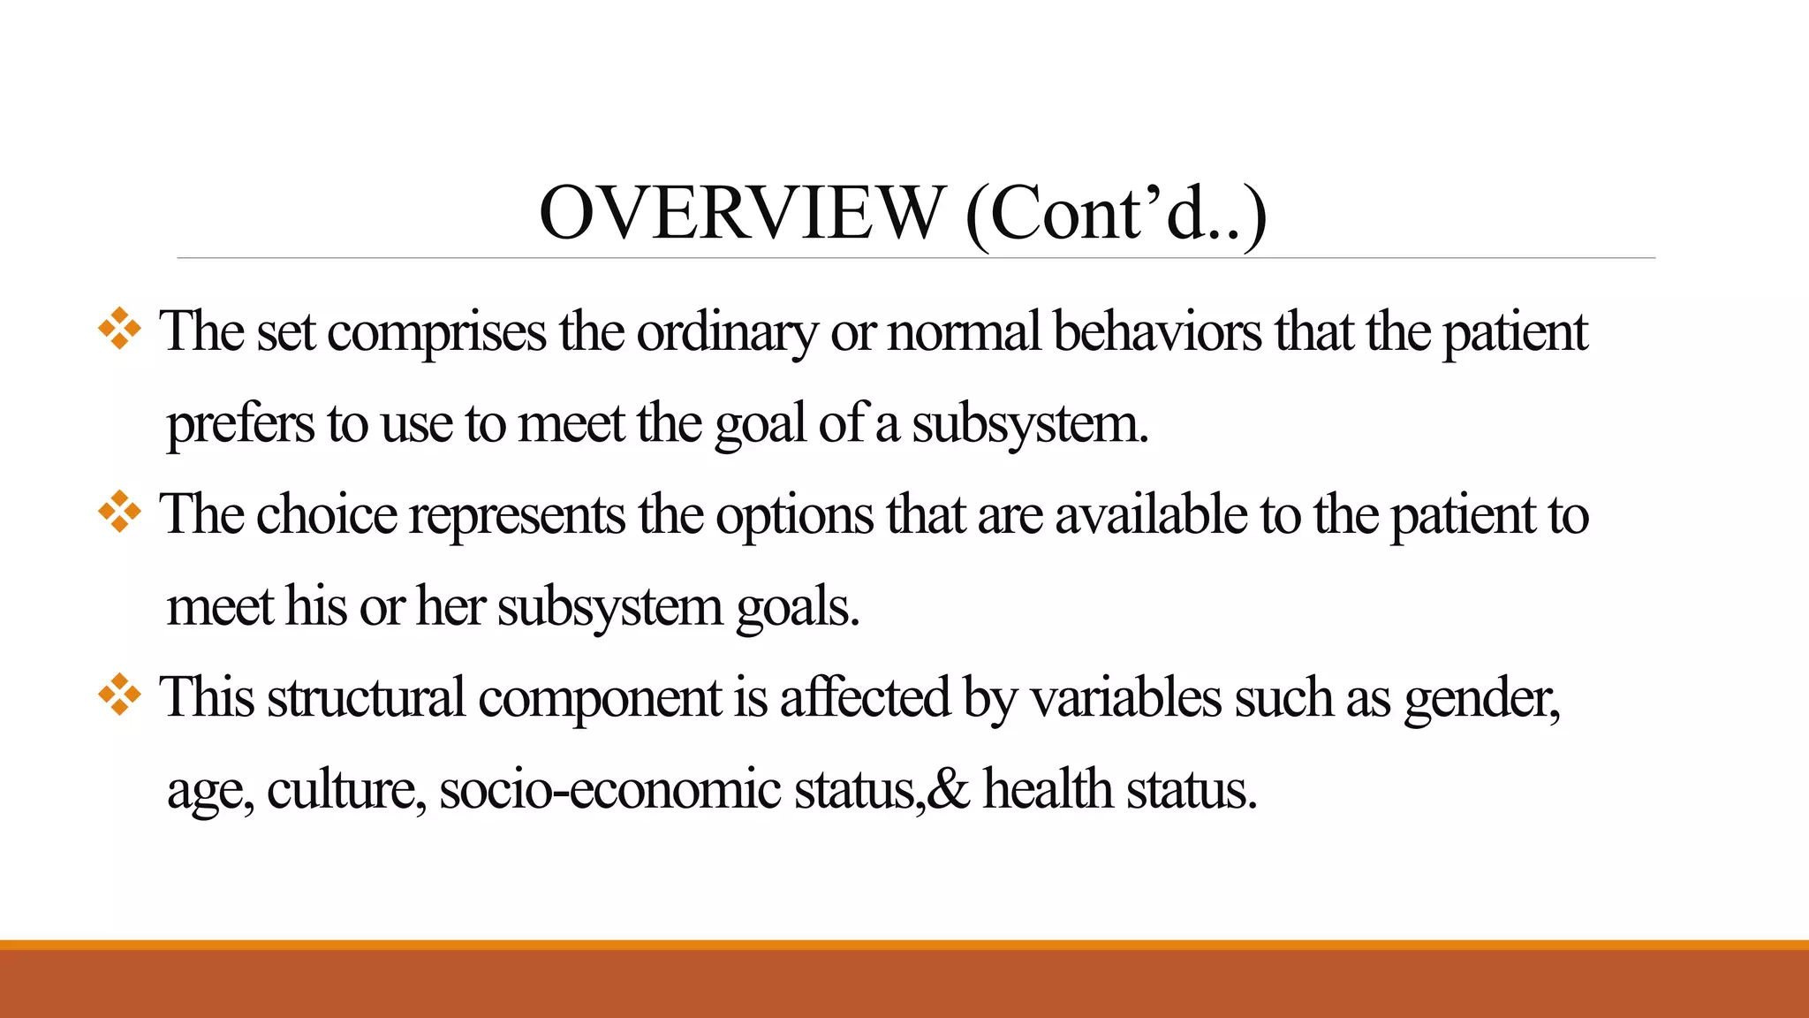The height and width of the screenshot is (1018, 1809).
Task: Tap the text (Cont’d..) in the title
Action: point(1116,215)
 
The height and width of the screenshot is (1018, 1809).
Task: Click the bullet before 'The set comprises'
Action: point(119,331)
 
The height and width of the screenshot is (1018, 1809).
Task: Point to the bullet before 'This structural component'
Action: point(119,696)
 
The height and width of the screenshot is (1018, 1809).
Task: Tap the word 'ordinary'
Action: point(727,334)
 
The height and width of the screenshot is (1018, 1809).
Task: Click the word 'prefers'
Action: point(240,425)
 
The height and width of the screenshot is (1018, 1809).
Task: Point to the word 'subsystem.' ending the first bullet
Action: point(1030,425)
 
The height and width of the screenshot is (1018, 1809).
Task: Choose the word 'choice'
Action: point(326,515)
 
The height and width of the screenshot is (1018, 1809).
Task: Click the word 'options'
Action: point(794,517)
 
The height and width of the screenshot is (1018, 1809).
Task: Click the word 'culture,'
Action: point(346,789)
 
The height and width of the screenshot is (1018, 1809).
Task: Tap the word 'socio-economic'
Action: point(609,789)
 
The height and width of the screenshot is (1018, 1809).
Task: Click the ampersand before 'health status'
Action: point(949,789)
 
